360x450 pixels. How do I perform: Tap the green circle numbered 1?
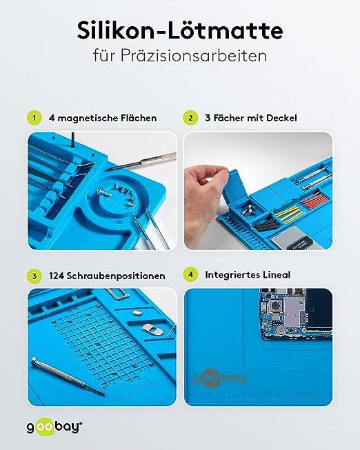pos(32,118)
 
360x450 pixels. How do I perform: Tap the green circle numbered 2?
pos(189,118)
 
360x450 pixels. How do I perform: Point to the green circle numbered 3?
pos(32,275)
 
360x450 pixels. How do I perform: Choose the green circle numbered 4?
pos(189,274)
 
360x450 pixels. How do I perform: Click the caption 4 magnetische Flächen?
pos(103,118)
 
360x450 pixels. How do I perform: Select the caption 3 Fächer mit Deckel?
pos(250,118)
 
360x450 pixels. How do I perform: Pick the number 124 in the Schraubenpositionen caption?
pos(59,276)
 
